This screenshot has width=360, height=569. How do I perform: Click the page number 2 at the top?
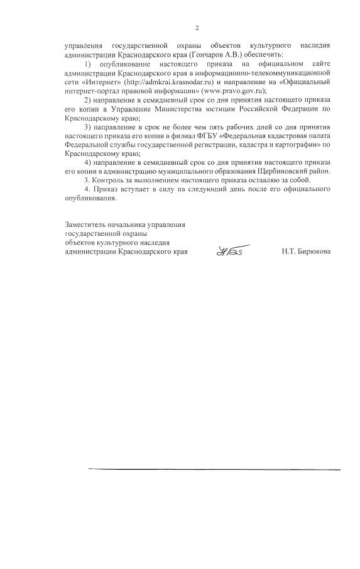pyautogui.click(x=197, y=28)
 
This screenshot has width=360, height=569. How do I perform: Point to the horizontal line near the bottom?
pyautogui.click(x=214, y=469)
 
